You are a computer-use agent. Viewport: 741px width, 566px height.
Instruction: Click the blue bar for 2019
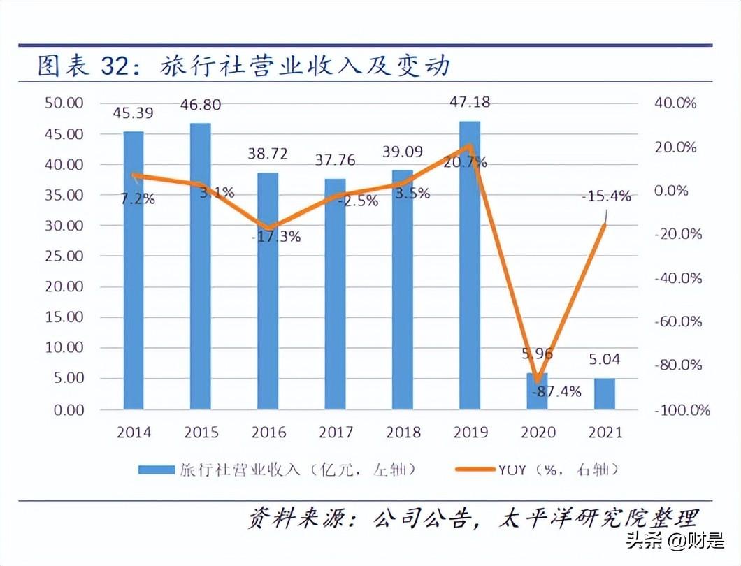coord(470,266)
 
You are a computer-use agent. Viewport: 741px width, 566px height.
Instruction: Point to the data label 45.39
coord(133,112)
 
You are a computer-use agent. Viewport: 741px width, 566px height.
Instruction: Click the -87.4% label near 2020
coord(556,391)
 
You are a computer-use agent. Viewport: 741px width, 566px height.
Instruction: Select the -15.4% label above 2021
coord(606,196)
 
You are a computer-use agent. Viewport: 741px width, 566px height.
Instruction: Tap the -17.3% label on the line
coord(275,236)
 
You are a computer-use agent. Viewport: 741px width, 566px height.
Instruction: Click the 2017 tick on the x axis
coord(336,433)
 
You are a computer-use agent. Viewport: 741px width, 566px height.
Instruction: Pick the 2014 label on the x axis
coord(134,433)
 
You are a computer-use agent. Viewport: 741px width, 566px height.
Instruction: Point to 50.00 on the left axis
coord(64,103)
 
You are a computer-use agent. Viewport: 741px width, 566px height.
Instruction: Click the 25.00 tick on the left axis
coord(64,256)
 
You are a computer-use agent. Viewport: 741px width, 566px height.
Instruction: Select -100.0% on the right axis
coord(682,409)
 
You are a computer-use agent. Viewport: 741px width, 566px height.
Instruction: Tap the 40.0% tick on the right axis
coord(676,103)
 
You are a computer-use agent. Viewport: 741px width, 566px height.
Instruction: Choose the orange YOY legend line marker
coord(475,469)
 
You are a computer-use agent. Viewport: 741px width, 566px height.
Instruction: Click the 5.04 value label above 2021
coord(605,361)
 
